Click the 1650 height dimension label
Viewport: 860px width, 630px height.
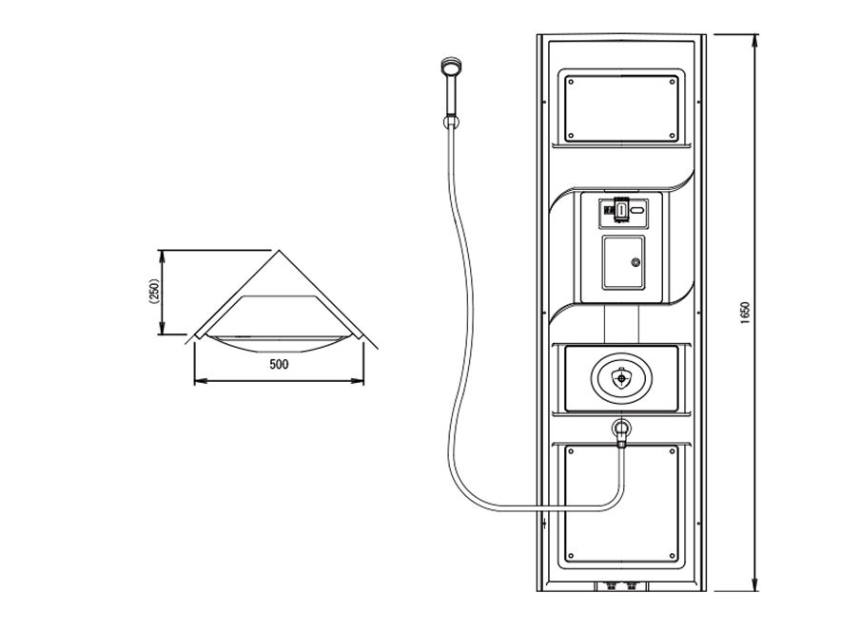coord(745,314)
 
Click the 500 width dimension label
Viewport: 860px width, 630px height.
coord(279,364)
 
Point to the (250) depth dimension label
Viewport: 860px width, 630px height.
coord(154,291)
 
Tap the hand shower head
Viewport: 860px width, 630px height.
coord(450,67)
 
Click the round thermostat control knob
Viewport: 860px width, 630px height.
coord(621,377)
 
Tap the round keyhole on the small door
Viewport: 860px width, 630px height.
coord(635,263)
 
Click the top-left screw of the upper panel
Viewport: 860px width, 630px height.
coord(571,82)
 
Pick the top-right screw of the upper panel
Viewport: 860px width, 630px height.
coord(673,82)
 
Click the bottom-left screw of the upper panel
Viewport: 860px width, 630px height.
coord(571,135)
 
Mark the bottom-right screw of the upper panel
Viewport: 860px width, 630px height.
coord(673,135)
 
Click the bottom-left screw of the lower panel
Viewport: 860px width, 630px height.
coord(571,556)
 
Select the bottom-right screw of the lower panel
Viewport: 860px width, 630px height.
coord(673,556)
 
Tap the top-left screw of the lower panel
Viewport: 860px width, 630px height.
coord(571,452)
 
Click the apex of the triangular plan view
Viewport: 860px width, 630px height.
coord(280,251)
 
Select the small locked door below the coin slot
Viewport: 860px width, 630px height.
coord(624,263)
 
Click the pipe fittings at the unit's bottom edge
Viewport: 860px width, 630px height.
coord(621,586)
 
